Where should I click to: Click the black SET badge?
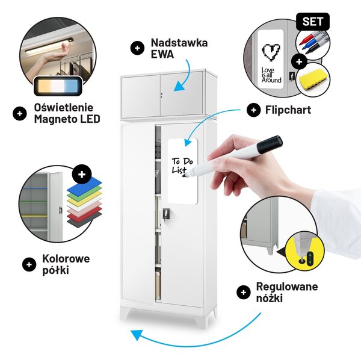313,22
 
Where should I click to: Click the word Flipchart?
288,110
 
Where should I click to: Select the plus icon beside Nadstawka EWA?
137,48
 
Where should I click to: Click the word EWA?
162,54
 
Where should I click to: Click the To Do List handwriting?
182,166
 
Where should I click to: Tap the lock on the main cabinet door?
166,214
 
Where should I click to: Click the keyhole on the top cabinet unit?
161,95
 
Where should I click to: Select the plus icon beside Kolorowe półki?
29,264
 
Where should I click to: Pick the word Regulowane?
287,287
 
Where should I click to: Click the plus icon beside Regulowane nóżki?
243,293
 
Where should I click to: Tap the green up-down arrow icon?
310,259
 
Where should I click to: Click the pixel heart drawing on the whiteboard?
271,52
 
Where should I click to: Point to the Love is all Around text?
271,75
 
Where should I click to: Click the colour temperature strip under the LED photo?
58,86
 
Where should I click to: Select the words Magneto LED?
67,119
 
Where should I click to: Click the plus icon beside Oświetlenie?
20,114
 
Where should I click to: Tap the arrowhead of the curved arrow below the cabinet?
137,335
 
